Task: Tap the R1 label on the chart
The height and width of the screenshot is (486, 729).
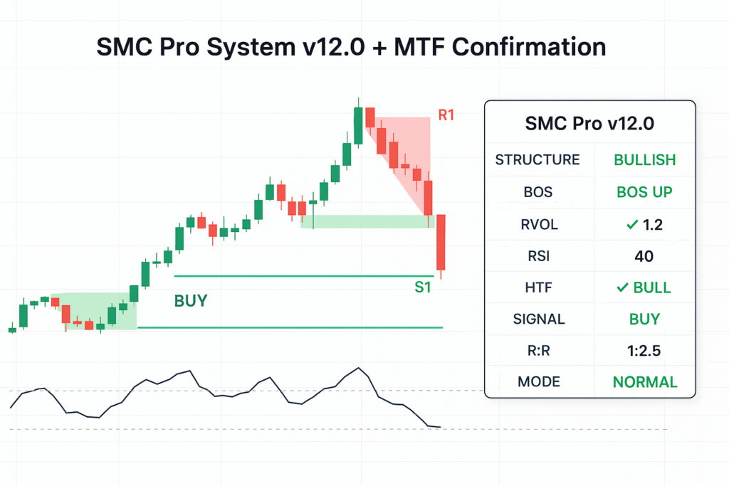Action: [446, 115]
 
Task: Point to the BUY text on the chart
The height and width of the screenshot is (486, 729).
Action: [190, 301]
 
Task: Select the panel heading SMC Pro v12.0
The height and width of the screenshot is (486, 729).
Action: [589, 124]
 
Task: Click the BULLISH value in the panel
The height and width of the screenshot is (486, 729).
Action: [645, 159]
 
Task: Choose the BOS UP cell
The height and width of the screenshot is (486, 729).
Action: [645, 192]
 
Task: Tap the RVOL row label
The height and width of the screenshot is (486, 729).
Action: [538, 225]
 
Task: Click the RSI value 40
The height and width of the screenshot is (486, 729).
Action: [645, 256]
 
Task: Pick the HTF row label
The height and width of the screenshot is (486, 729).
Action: [538, 287]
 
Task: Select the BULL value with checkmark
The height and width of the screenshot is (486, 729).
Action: [645, 287]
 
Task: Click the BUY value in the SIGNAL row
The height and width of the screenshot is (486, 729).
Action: [645, 319]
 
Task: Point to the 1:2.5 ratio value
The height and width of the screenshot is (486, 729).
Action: [645, 350]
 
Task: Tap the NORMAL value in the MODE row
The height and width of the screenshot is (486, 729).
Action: [645, 382]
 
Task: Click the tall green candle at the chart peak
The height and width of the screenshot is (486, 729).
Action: [359, 125]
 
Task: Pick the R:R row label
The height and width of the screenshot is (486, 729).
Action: [538, 350]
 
